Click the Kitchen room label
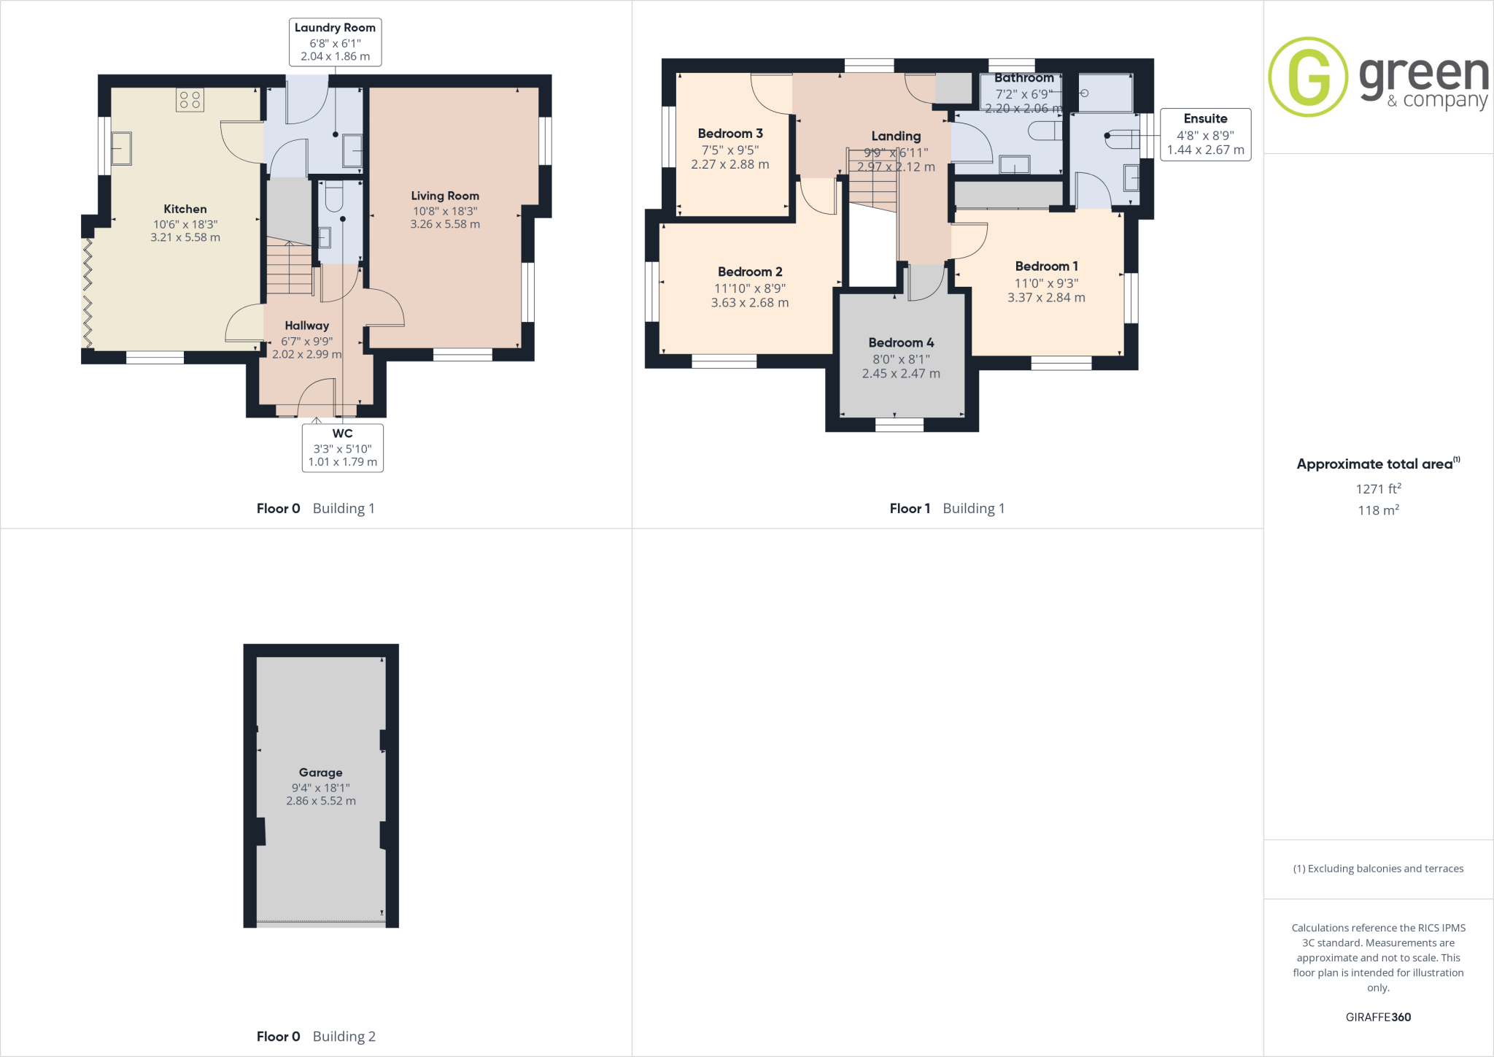coord(185,210)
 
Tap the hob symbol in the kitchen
coord(190,100)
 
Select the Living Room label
coord(445,196)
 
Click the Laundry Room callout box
coord(335,42)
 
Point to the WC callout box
coord(342,447)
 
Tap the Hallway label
coord(306,326)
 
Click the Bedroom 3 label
coord(730,134)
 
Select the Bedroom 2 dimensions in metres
coord(750,303)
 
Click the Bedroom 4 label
coord(901,342)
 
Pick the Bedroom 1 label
coord(1046,266)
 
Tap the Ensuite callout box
coord(1205,134)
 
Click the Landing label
coord(896,136)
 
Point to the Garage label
coord(320,772)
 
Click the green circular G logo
coord(1308,77)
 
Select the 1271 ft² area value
coord(1378,489)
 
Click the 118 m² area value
coord(1378,510)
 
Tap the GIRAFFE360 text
coord(1378,1017)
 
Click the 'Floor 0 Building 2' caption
coord(316,1037)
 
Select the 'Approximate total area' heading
coord(1376,464)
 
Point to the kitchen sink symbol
coord(120,149)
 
